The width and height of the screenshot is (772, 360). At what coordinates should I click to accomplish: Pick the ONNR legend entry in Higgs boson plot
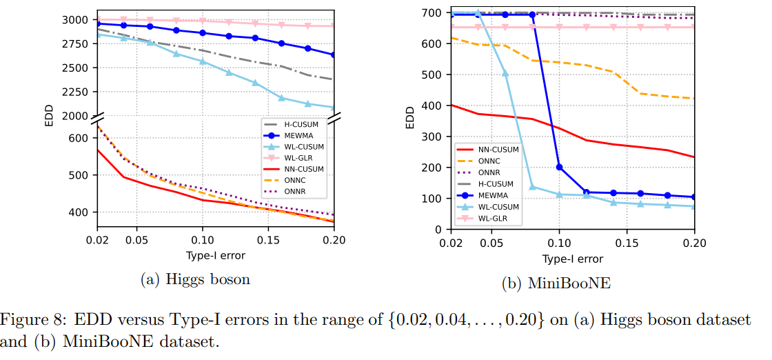tap(289, 191)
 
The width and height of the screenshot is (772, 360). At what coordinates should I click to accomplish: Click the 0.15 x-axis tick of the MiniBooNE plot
tap(627, 243)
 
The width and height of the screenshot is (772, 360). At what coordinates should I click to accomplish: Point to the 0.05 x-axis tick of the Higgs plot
tap(136, 241)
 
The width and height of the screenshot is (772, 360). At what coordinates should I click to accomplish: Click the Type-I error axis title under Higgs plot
tap(216, 256)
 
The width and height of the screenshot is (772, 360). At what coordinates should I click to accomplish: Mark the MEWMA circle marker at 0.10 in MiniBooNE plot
tap(559, 167)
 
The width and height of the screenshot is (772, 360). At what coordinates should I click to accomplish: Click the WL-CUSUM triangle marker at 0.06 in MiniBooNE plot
tap(505, 72)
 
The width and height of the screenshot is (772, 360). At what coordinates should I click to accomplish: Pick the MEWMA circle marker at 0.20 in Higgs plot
tap(334, 54)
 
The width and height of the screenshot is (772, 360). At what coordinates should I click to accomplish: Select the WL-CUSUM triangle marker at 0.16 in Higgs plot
tap(281, 98)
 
